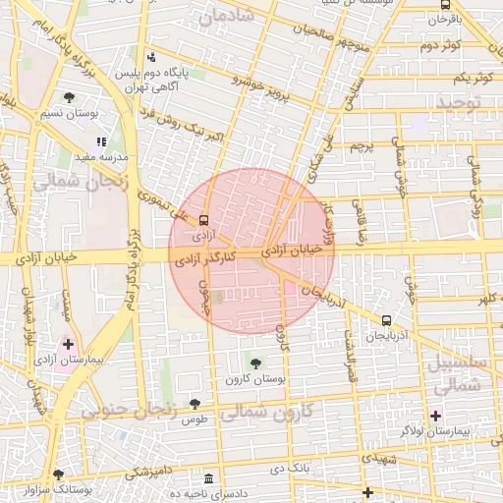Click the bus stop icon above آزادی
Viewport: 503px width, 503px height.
pos(203,220)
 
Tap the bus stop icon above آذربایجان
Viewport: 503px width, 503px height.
pos(386,320)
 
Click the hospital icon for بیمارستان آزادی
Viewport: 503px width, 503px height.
pos(68,344)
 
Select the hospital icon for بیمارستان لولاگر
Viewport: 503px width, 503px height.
pos(435,416)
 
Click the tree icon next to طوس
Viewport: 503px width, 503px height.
pos(195,405)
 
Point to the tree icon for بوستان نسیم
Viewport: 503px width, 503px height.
pos(70,97)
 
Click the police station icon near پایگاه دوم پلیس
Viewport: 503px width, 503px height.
pos(150,58)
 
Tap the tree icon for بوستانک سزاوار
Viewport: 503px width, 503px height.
pos(58,474)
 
